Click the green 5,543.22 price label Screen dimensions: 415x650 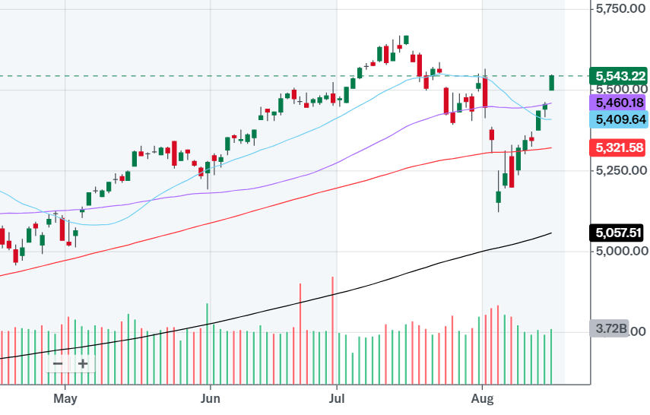point(620,76)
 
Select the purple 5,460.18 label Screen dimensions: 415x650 point(620,102)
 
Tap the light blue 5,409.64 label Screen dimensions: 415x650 point(620,119)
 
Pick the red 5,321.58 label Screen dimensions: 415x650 point(620,147)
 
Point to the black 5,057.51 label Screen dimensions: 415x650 point(620,232)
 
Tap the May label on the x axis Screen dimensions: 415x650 point(66,398)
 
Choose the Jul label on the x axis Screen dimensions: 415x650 point(335,398)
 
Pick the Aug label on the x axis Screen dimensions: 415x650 point(481,398)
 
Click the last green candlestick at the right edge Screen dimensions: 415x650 point(551,82)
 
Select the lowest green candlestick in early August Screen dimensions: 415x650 point(499,198)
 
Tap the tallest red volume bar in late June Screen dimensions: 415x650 point(333,327)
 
